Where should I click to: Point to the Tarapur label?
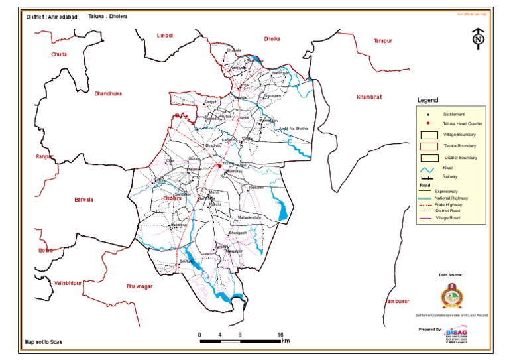click(x=382, y=40)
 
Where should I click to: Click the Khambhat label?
click(x=369, y=97)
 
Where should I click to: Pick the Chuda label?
click(x=59, y=54)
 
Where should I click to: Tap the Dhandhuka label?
click(x=111, y=93)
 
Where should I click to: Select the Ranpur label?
click(x=44, y=156)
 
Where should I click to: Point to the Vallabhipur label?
click(x=68, y=282)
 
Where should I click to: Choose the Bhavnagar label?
click(x=139, y=286)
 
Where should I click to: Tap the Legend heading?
click(x=427, y=101)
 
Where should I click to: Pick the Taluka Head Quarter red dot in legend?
click(x=427, y=123)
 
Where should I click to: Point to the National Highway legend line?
click(x=427, y=198)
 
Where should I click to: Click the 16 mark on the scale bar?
click(x=280, y=335)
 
